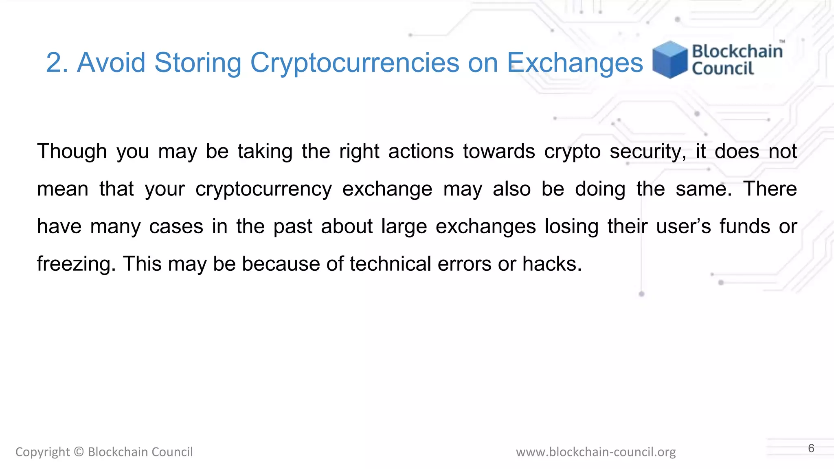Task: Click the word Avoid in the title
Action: click(111, 63)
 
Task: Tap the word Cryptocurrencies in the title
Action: click(354, 63)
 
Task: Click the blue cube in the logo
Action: click(669, 59)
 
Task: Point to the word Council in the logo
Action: click(723, 69)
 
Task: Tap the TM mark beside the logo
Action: click(782, 42)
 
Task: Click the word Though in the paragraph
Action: click(72, 151)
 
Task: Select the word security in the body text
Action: click(647, 151)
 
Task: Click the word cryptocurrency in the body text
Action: click(263, 189)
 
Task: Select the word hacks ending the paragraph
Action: click(552, 264)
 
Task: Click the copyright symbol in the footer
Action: click(79, 452)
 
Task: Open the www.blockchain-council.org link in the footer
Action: click(595, 452)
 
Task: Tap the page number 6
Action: click(811, 448)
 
